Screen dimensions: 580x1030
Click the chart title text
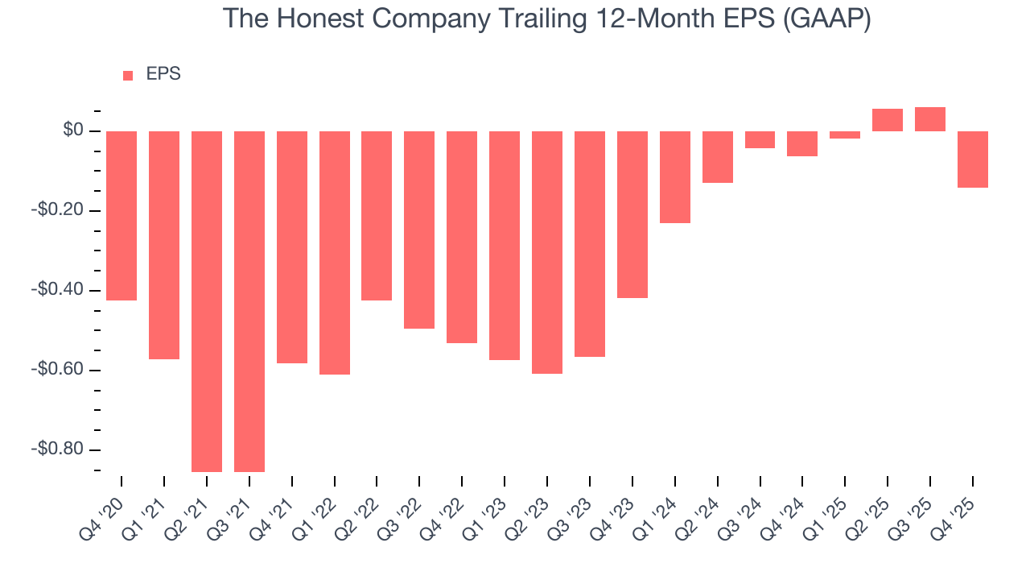click(546, 19)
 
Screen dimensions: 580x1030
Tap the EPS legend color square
click(128, 76)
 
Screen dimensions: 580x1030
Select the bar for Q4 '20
click(122, 216)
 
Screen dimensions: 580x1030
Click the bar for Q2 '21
click(207, 301)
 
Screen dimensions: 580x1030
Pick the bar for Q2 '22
click(377, 216)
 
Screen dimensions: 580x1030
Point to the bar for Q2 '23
click(547, 252)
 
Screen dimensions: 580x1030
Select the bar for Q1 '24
click(675, 177)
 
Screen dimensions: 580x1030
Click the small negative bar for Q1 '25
click(845, 135)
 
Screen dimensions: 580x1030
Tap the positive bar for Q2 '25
click(888, 120)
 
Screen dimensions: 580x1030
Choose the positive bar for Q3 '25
click(930, 119)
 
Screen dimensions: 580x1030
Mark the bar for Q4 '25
click(973, 159)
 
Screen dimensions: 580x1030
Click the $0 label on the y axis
click(73, 130)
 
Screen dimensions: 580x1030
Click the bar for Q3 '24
click(760, 140)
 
